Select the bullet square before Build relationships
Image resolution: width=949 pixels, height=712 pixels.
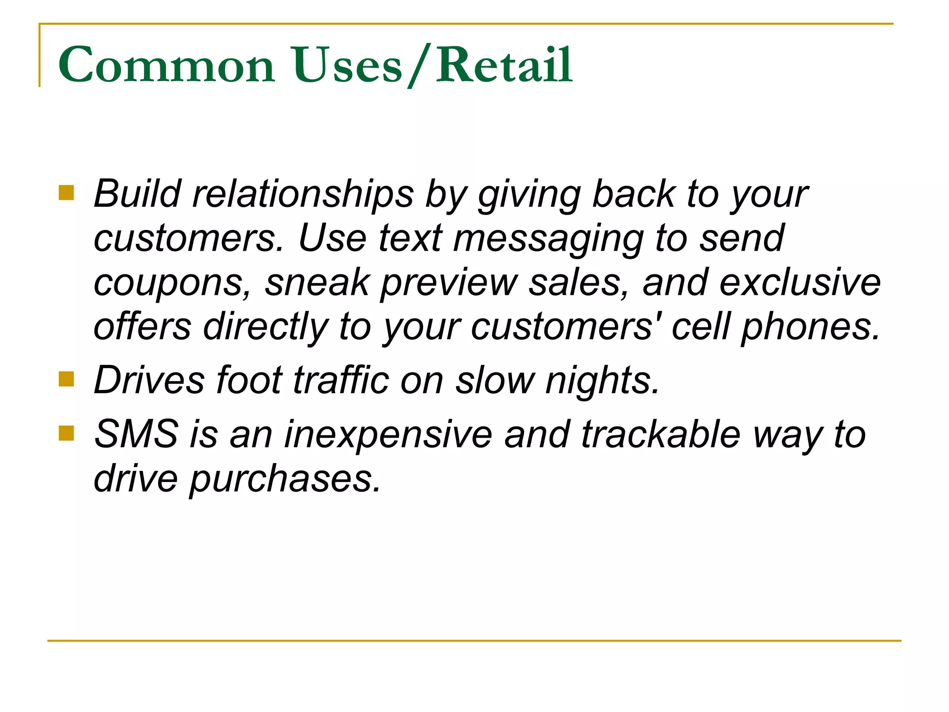(x=67, y=193)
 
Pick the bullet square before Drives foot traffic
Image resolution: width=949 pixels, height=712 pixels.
(x=67, y=379)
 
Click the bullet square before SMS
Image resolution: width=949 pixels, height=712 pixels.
(x=67, y=433)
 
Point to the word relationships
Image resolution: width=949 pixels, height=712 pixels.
(x=303, y=194)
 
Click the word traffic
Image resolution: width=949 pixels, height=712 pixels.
(x=342, y=380)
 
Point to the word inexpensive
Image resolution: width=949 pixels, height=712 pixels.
(x=388, y=435)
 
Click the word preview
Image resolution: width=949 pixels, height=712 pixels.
(x=449, y=283)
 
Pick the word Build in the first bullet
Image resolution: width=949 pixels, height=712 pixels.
(x=137, y=194)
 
